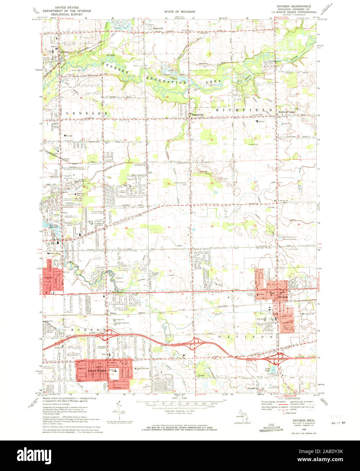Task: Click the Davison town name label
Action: click(283, 297)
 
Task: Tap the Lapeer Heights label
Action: click(97, 371)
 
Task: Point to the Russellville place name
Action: click(197, 115)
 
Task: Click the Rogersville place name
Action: click(158, 28)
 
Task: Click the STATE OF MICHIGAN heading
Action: click(180, 12)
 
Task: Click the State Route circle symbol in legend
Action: click(283, 413)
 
